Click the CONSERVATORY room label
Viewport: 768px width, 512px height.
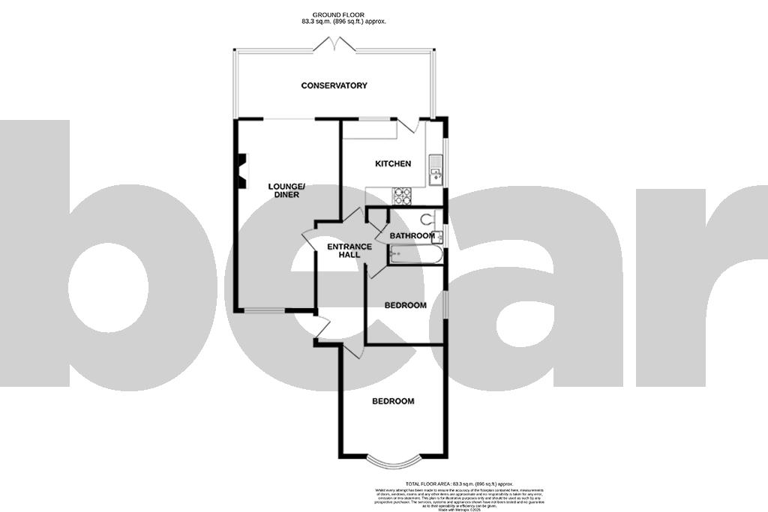coord(334,85)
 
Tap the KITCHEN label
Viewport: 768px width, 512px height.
coord(393,163)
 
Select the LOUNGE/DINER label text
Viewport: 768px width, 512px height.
coord(286,190)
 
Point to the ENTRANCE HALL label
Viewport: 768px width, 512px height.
coord(349,250)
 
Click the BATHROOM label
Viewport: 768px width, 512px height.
coord(412,236)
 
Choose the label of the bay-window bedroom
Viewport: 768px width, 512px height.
coord(393,402)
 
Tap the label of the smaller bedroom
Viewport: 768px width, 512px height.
coord(405,305)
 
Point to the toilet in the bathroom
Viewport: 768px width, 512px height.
coord(428,220)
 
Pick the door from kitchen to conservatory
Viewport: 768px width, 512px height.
coord(409,127)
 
